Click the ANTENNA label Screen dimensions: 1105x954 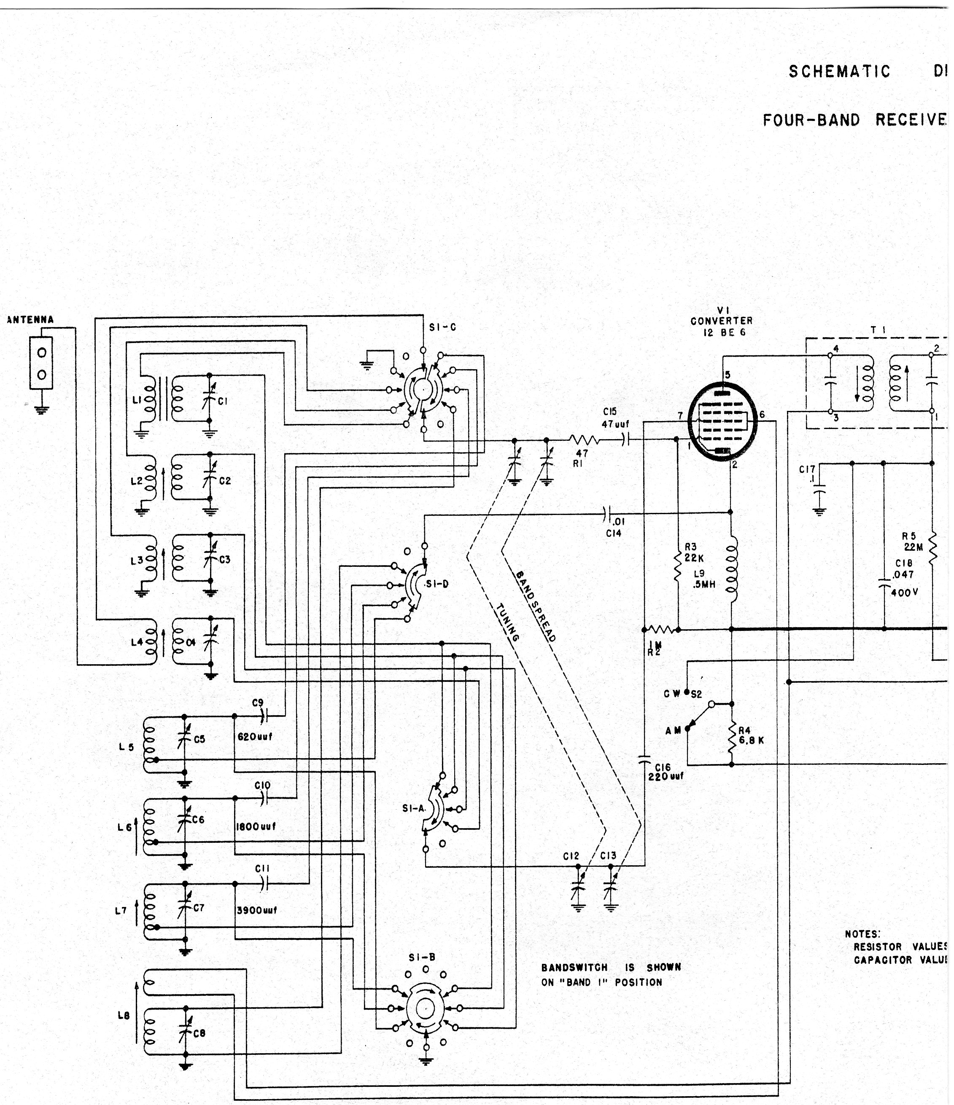point(30,320)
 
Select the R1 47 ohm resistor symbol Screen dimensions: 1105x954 point(584,440)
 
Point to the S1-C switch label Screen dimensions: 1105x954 point(442,327)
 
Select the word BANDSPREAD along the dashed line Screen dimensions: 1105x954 point(536,606)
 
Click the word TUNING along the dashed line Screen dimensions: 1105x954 point(507,622)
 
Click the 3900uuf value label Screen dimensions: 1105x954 point(257,910)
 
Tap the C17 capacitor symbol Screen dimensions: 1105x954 point(819,488)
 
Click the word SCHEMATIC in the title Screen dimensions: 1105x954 point(839,72)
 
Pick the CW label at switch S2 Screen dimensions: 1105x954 point(671,694)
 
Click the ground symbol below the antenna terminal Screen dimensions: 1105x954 point(41,410)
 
